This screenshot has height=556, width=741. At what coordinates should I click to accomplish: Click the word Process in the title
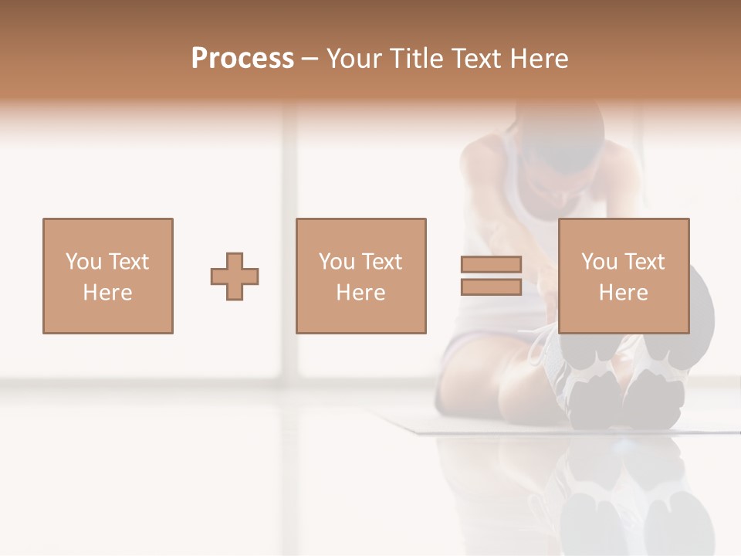tap(242, 59)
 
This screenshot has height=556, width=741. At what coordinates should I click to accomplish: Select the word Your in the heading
tap(356, 59)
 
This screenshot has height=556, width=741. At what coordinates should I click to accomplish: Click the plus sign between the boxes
tap(235, 276)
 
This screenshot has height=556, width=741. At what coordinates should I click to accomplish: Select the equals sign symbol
tap(491, 276)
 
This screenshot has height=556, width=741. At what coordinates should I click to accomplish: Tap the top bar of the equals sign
tap(491, 265)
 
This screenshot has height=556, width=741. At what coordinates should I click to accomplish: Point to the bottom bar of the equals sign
tap(491, 287)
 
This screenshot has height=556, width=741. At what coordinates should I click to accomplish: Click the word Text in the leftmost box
tap(128, 262)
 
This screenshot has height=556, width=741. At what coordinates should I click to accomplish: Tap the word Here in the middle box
tap(360, 293)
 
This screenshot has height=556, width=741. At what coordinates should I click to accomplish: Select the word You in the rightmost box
tap(599, 262)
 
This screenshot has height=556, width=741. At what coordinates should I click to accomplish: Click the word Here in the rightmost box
tap(623, 293)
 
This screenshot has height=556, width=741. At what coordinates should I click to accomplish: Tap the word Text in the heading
tap(471, 59)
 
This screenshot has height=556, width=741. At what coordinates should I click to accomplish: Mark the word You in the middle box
tap(337, 262)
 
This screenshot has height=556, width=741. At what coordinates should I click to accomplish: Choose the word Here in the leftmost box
tap(107, 293)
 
